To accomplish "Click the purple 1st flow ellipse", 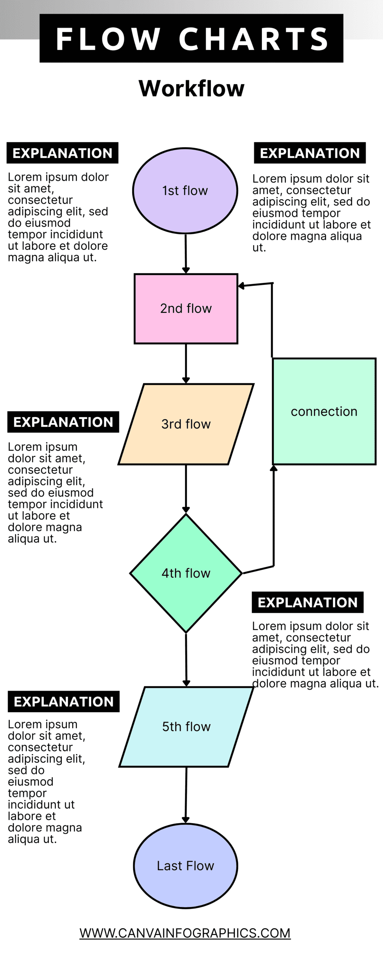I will pyautogui.click(x=185, y=190).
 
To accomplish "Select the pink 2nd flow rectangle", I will pyautogui.click(x=186, y=308).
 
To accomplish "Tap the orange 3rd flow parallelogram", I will pyautogui.click(x=186, y=424).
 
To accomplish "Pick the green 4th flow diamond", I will pyautogui.click(x=186, y=573).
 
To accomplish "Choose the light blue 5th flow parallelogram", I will pyautogui.click(x=186, y=727).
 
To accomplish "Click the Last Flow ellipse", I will pyautogui.click(x=186, y=866).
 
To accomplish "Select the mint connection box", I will pyautogui.click(x=324, y=412).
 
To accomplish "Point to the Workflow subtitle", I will pyautogui.click(x=191, y=89).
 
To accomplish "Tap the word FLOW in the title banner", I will pyautogui.click(x=108, y=39).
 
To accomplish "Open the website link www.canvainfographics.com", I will pyautogui.click(x=185, y=933).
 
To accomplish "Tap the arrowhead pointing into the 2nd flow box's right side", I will pyautogui.click(x=242, y=286).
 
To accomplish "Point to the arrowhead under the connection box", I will pyautogui.click(x=274, y=468).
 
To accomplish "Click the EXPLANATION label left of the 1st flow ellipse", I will pyautogui.click(x=62, y=153).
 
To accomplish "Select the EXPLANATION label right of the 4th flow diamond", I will pyautogui.click(x=307, y=602).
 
